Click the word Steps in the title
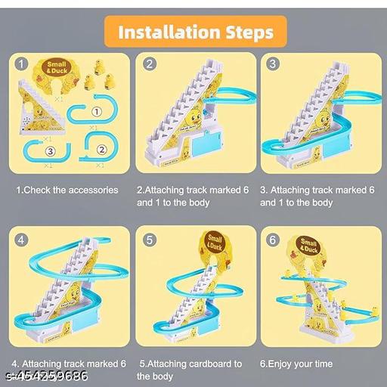pos(246,33)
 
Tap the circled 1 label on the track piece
pos(96,113)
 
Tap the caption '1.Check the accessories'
pos(67,190)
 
